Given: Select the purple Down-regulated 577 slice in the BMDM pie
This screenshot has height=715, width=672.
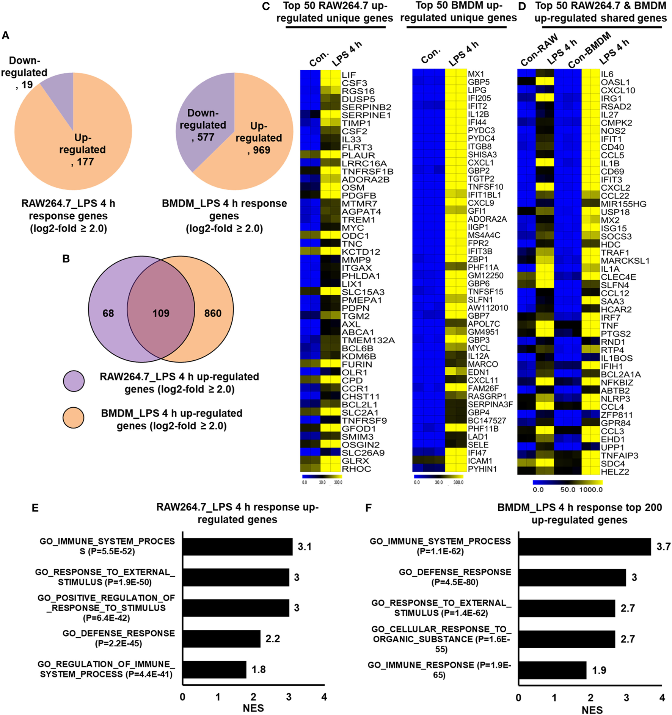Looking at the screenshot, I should [201, 121].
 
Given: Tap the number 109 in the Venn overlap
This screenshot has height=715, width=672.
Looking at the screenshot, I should [161, 313].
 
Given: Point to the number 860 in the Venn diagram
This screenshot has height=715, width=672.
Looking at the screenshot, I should [213, 313].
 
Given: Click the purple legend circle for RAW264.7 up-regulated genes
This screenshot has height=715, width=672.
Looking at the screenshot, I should [74, 381].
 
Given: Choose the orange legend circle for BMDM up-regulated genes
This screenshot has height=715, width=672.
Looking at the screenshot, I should [74, 418].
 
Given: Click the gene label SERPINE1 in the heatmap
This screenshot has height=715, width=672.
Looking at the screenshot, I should [366, 115].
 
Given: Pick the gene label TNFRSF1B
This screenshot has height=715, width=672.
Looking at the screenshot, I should [367, 171].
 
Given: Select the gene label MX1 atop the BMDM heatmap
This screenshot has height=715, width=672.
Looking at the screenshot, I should [476, 74].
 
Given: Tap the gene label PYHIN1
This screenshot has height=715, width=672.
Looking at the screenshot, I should [482, 469].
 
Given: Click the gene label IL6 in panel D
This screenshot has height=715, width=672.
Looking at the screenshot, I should [607, 74].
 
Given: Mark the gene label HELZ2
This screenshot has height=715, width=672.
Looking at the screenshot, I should [615, 472].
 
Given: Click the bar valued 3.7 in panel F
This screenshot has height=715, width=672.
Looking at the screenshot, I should [584, 546].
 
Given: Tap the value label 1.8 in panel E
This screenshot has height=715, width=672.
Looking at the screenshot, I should [259, 670].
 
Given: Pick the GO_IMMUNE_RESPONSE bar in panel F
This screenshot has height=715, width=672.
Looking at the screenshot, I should [552, 670].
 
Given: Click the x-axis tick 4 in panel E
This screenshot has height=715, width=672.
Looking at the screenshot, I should [324, 697].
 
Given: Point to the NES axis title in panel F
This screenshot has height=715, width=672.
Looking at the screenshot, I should [592, 710].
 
